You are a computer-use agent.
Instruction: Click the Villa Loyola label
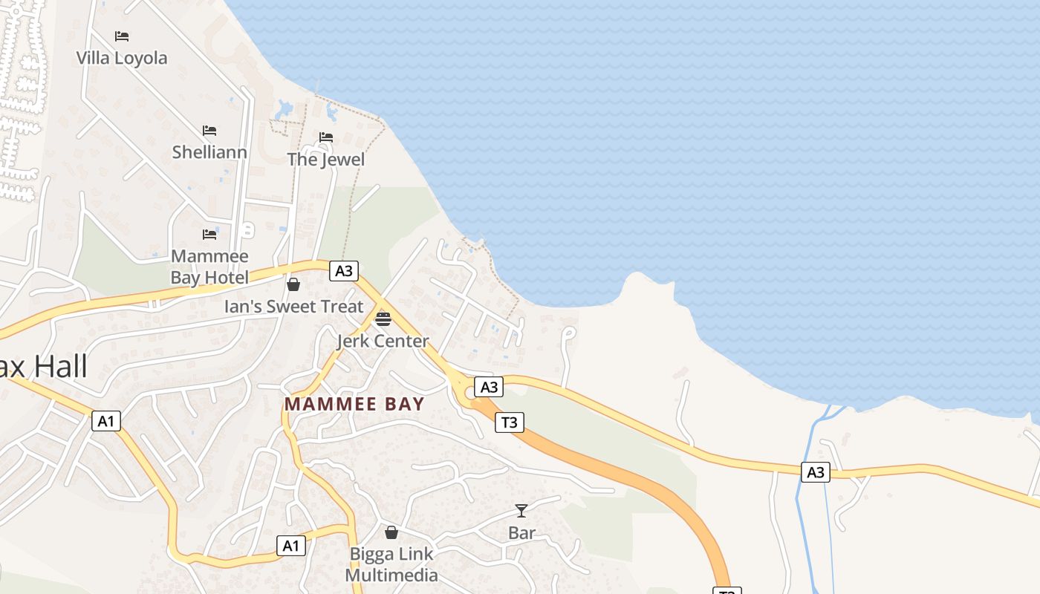pos(122,58)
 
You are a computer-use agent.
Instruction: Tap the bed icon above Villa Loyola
pos(122,36)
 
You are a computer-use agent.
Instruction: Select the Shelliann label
pos(209,152)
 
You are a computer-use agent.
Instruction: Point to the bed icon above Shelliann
pos(209,131)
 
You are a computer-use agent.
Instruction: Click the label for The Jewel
pos(326,160)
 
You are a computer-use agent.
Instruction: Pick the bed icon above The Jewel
pos(326,137)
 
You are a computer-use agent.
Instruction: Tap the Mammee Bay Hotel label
pos(209,267)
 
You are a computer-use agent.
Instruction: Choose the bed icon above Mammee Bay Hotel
pos(209,235)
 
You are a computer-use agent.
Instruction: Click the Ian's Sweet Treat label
pos(294,307)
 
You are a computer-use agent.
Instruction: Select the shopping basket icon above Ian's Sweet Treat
pos(293,284)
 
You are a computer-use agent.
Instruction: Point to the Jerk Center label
pos(383,342)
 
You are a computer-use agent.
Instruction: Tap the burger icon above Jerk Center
pos(383,319)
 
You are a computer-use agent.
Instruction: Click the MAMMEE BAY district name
pos(354,405)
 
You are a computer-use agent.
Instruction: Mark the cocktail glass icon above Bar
pos(521,511)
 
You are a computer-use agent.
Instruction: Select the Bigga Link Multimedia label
pos(391,564)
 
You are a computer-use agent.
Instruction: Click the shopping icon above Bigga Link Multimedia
pos(391,532)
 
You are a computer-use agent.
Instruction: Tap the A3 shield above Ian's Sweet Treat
pos(343,271)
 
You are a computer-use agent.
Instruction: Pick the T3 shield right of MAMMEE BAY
pos(509,422)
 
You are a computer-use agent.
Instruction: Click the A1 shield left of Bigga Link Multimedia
pos(291,546)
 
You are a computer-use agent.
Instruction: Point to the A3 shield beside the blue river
pos(816,471)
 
